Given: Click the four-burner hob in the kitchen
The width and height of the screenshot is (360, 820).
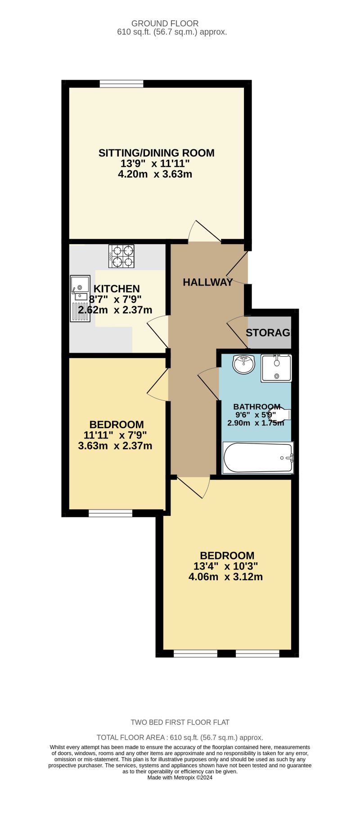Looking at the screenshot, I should tap(121, 256).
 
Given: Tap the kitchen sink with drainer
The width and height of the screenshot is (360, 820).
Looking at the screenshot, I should tap(80, 299).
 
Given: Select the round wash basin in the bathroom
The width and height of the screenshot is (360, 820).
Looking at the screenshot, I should tap(244, 363).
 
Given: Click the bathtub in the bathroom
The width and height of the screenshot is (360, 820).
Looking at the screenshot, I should tap(258, 458).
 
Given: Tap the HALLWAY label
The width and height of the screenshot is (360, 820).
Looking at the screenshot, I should tap(207, 282).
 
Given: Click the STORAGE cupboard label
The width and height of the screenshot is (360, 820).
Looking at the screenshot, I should tap(268, 333).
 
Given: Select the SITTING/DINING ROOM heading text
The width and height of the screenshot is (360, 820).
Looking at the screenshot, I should tap(156, 153).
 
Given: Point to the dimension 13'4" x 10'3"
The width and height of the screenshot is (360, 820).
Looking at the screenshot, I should tap(225, 566).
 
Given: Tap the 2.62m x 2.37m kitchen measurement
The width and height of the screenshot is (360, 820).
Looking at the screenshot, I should tap(115, 310).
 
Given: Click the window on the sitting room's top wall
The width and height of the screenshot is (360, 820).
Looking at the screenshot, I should tap(121, 84).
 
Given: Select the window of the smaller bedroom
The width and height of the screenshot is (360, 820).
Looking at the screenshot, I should tap(110, 513).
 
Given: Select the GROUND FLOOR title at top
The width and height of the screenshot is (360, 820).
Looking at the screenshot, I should tap(165, 23).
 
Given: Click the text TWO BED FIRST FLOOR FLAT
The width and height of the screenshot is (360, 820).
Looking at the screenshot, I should tap(180, 722).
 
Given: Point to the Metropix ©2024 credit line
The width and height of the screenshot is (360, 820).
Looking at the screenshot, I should tap(180, 777).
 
